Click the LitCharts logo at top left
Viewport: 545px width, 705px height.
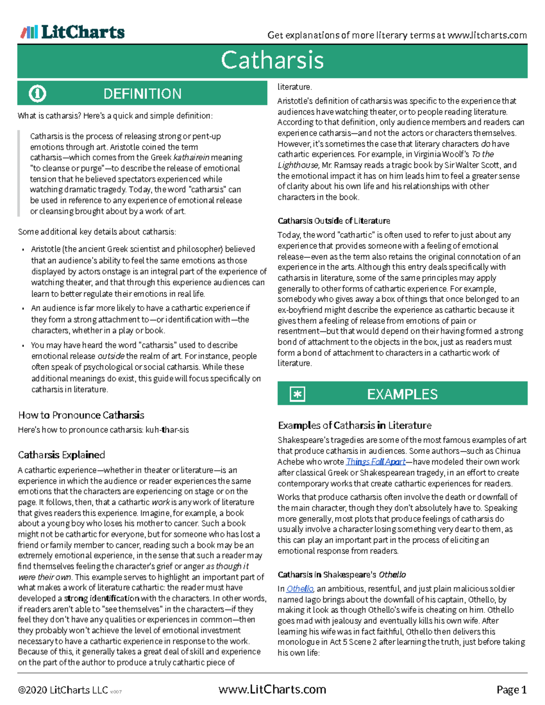[x=73, y=32]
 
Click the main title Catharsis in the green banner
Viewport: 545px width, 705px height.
[x=272, y=60]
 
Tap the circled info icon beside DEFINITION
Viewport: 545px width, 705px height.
[x=37, y=94]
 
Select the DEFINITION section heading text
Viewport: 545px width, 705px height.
[x=142, y=94]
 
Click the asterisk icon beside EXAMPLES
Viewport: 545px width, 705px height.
[x=297, y=394]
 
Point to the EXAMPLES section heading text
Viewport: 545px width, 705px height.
[x=402, y=394]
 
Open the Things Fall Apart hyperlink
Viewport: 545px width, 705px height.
[x=375, y=462]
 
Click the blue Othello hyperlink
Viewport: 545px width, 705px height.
[x=300, y=589]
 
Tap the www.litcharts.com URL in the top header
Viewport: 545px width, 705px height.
[x=487, y=35]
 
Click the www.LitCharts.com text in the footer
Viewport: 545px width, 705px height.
[x=272, y=690]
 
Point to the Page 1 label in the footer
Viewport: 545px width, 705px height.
[x=511, y=690]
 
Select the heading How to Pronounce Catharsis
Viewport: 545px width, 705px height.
[x=81, y=415]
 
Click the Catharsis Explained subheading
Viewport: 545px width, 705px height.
[x=61, y=455]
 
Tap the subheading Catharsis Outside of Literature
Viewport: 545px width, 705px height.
[x=334, y=221]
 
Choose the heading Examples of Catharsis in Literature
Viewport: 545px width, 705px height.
[x=354, y=425]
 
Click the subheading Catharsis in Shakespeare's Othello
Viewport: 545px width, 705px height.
[x=342, y=575]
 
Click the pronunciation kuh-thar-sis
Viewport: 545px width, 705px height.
[x=167, y=430]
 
